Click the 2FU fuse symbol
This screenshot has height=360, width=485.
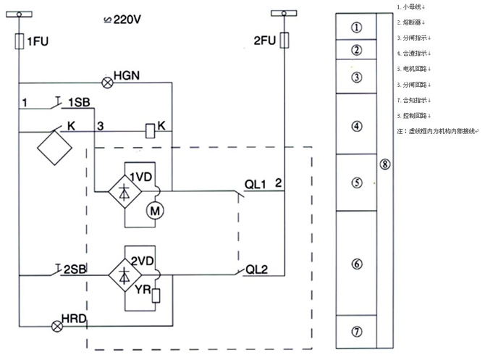click(x=288, y=39)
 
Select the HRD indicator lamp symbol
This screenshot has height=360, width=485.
click(x=57, y=325)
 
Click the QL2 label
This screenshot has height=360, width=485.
click(x=258, y=270)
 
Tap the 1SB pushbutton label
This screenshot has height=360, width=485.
click(x=79, y=102)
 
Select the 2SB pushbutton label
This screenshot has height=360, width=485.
click(x=75, y=269)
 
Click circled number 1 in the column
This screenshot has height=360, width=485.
click(x=356, y=27)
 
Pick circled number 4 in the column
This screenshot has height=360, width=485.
click(x=356, y=126)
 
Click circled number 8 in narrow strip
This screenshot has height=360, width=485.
click(x=385, y=164)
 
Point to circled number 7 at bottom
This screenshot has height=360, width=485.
click(x=356, y=332)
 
